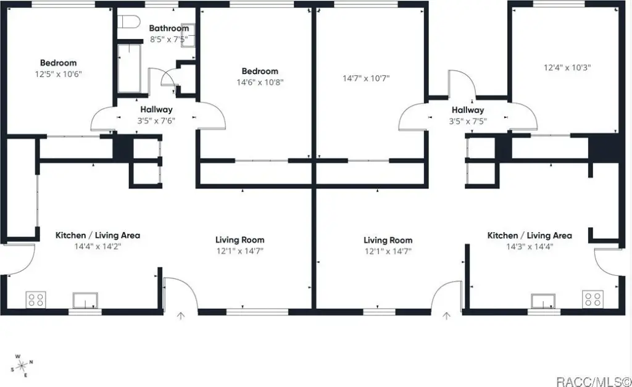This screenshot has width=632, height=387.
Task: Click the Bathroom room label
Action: click(169, 28)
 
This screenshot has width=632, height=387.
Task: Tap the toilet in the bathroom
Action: click(130, 22)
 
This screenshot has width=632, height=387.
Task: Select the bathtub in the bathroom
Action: click(129, 69)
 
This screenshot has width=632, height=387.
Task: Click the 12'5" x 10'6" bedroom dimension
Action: click(59, 74)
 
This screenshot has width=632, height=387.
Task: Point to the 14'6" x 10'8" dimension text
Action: click(260, 82)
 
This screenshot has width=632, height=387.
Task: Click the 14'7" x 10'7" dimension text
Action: click(366, 78)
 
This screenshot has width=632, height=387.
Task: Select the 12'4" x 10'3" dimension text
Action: click(567, 67)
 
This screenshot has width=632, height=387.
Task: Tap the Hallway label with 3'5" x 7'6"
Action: click(156, 109)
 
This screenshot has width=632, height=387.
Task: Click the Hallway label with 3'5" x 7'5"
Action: click(468, 110)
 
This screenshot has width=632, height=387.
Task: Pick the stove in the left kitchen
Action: click(35, 299)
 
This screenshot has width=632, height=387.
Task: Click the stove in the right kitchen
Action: click(593, 299)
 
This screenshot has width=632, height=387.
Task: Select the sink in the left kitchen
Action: click(85, 301)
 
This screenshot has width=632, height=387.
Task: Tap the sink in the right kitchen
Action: click(543, 301)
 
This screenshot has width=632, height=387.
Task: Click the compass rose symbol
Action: click(22, 365)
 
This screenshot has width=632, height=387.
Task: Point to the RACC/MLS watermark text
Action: click(593, 381)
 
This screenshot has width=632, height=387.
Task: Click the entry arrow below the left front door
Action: click(181, 315)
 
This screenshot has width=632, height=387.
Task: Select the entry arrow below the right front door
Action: click(446, 315)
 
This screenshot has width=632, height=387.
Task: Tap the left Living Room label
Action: click(240, 240)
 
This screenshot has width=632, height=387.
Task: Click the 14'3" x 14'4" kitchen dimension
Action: click(530, 246)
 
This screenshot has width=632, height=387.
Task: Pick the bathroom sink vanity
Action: click(188, 35)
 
